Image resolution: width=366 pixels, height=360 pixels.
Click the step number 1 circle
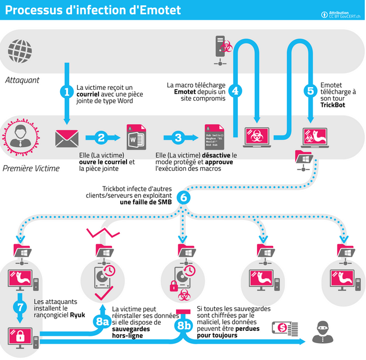pos(67,91)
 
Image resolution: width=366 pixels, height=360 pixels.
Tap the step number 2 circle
pos(102,137)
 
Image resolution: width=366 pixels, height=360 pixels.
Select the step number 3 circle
pos(178,137)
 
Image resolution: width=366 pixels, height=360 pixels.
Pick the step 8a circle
pos(102,322)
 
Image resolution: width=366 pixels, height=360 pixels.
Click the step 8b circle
pos(184,325)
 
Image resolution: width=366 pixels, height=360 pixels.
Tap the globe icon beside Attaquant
pos(17,51)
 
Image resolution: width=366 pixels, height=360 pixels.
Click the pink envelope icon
pos(66,137)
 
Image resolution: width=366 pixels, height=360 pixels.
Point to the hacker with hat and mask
pos(322,332)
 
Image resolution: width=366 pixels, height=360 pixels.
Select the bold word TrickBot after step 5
pos(333,105)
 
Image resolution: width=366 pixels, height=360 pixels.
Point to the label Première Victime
pos(31,168)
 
